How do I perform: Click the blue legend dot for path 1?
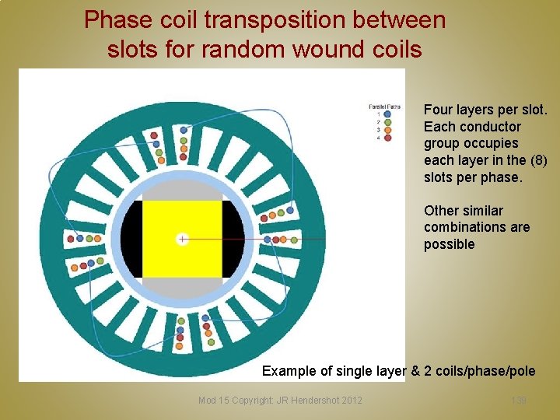click(387, 114)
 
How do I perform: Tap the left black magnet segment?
click(131, 238)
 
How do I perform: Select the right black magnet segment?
click(233, 238)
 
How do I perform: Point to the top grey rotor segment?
click(182, 191)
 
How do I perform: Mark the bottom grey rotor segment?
click(182, 287)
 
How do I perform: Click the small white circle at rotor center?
click(182, 238)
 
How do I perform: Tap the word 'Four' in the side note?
click(439, 110)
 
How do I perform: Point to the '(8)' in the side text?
click(537, 160)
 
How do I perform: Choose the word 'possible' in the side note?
click(449, 244)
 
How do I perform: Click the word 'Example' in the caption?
click(290, 371)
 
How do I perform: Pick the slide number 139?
click(519, 400)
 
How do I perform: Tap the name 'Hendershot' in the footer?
click(313, 400)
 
